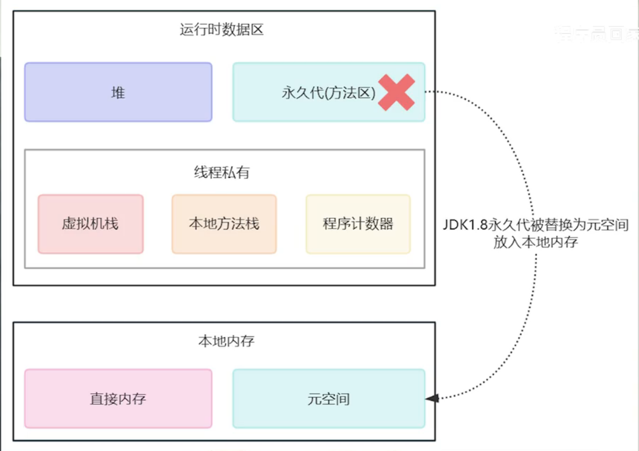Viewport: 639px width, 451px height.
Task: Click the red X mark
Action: click(396, 92)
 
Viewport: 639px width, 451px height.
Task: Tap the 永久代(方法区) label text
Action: click(328, 93)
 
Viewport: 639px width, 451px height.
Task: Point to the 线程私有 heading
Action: click(222, 172)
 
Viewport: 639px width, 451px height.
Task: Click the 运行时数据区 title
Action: click(222, 30)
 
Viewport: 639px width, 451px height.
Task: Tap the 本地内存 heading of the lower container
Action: click(226, 341)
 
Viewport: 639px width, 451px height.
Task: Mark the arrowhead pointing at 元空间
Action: click(432, 398)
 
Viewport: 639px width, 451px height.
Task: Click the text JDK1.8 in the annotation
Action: click(465, 225)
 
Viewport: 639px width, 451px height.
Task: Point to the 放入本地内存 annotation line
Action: click(536, 242)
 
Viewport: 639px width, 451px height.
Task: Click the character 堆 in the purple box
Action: click(118, 92)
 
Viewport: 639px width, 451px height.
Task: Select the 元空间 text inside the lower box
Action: click(328, 399)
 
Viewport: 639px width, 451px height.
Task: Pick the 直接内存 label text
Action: click(118, 399)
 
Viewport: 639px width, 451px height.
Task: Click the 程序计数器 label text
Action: click(358, 223)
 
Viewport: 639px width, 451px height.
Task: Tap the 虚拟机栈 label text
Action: click(90, 223)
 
